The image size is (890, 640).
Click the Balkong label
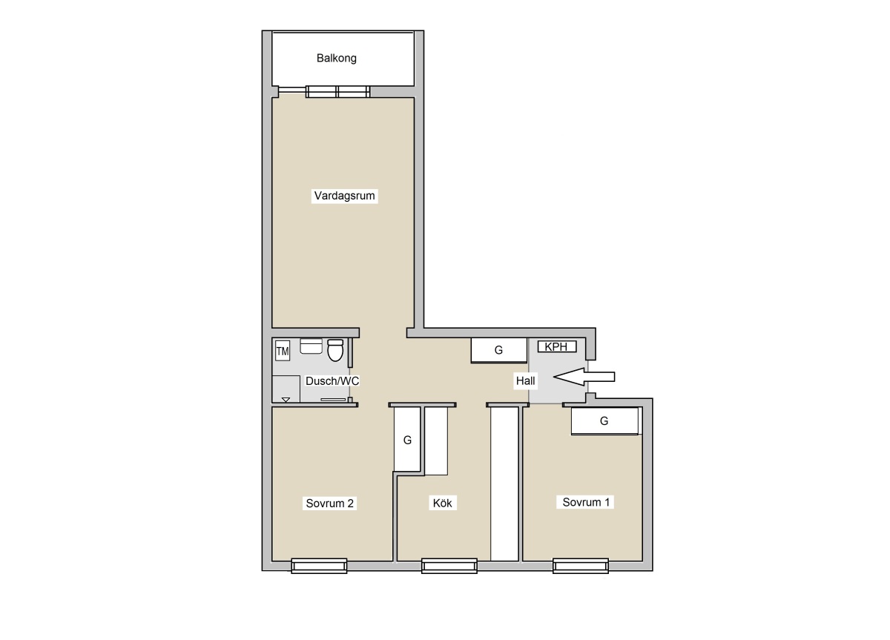click(336, 59)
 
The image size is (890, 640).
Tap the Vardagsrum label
click(344, 196)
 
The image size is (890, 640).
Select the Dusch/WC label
click(332, 381)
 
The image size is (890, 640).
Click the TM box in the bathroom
click(283, 352)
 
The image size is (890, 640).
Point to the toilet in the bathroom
click(335, 350)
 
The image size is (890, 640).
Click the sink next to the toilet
click(311, 346)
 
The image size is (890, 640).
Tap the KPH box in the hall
click(557, 347)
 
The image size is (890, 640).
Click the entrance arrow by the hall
click(584, 377)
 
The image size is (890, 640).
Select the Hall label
click(525, 381)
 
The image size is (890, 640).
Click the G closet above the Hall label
click(499, 350)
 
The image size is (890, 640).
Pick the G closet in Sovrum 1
click(604, 421)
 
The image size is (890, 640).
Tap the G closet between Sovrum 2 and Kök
click(407, 439)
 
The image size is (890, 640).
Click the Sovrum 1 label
click(586, 502)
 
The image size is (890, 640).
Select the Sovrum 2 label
click(330, 504)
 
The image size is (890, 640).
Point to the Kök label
click(442, 504)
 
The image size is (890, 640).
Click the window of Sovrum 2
click(319, 566)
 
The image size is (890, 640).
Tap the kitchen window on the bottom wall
click(449, 566)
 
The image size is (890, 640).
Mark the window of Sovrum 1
click(581, 566)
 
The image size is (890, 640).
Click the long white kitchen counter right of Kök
click(504, 484)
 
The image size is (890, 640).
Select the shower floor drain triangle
click(286, 400)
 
